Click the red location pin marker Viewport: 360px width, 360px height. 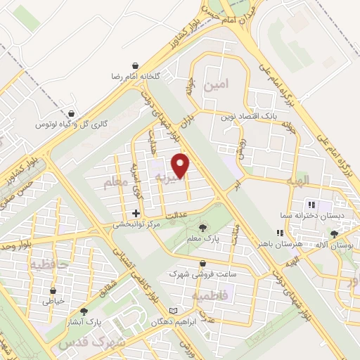coord(181,165)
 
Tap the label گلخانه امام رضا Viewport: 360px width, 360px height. coord(138,75)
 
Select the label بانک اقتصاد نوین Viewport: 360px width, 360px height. coord(247,115)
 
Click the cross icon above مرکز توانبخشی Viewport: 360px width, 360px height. coord(136,213)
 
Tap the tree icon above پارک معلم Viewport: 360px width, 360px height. coord(203,227)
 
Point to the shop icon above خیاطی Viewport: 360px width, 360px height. coord(53,290)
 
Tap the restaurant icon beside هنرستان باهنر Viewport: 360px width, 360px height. coord(281,232)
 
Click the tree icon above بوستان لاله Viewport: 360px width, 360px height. coord(335,233)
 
